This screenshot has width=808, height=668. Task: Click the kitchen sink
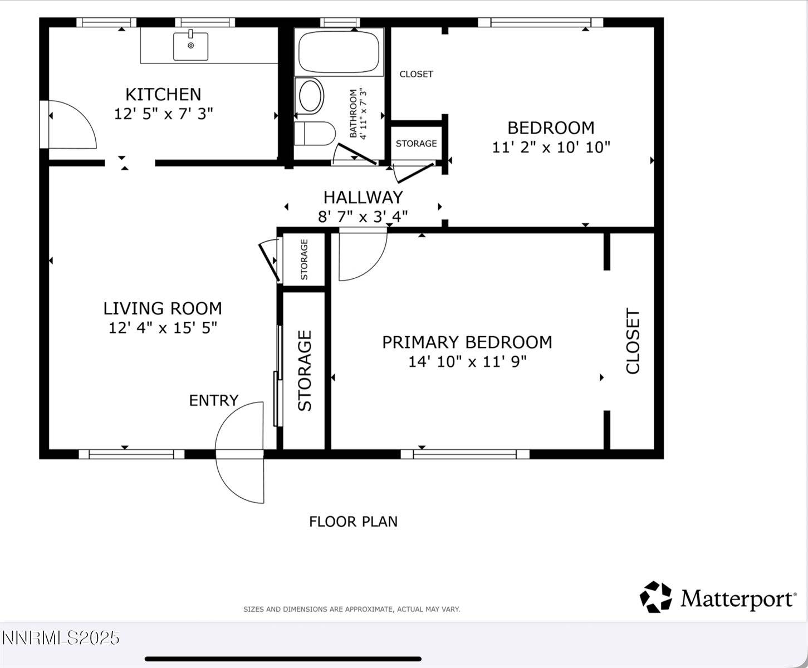(x=190, y=46)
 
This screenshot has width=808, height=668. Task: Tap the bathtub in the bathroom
(x=339, y=52)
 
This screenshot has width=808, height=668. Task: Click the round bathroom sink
(x=311, y=96)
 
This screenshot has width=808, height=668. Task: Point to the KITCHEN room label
(x=163, y=94)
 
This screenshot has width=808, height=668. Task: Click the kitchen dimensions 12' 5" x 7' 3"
(x=163, y=114)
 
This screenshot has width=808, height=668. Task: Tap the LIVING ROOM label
(x=163, y=308)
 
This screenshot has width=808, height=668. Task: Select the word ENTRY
(x=213, y=400)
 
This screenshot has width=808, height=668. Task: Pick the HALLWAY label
(x=363, y=197)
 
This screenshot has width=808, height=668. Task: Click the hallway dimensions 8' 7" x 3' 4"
(x=363, y=216)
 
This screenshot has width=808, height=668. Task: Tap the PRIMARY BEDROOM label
(x=467, y=342)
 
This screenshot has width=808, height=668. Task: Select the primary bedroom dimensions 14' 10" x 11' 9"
(x=467, y=361)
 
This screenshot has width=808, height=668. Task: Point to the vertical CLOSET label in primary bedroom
(x=633, y=341)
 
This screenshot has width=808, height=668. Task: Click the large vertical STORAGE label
(x=305, y=371)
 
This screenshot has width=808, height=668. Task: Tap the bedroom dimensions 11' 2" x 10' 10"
(x=551, y=147)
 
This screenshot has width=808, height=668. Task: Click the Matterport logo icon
(x=656, y=597)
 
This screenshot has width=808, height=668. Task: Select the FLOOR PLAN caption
(x=353, y=522)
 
